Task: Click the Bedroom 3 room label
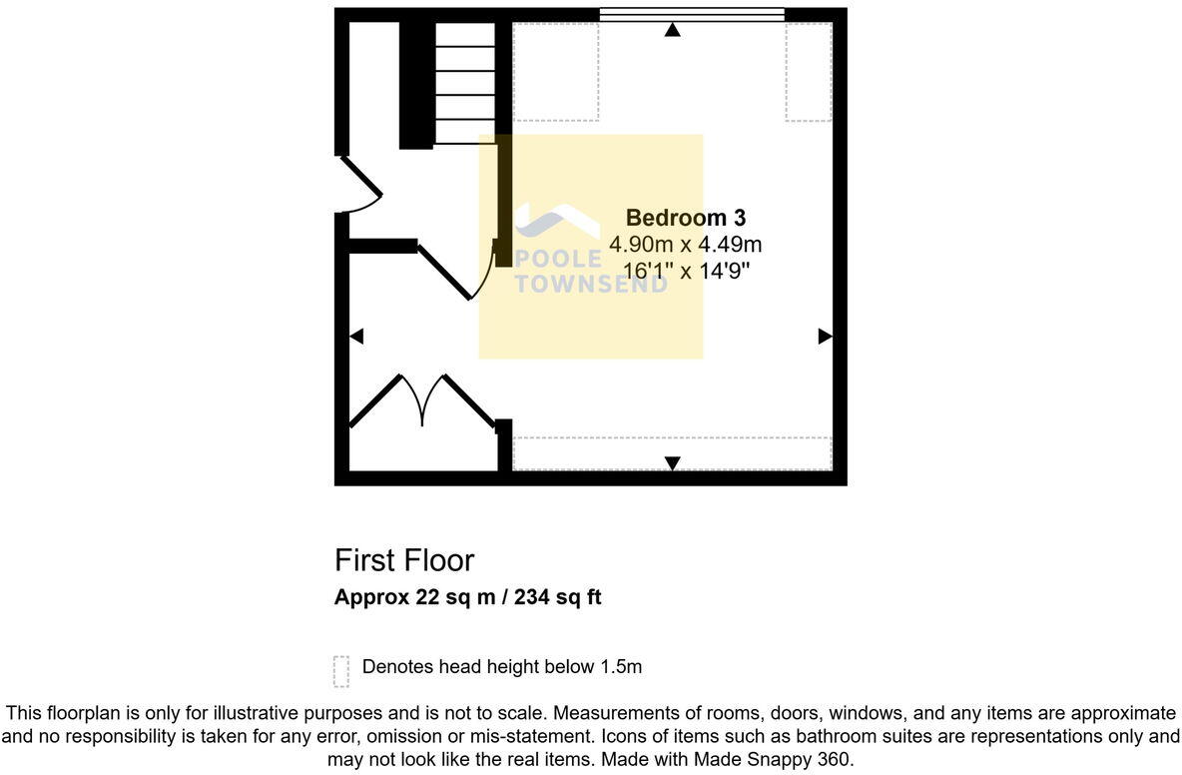coord(685,218)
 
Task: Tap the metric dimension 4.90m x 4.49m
coord(685,244)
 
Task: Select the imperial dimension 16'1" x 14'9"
coord(685,270)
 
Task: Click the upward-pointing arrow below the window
coord(672,31)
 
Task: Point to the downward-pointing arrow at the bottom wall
coord(672,462)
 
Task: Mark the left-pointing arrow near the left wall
coord(356,337)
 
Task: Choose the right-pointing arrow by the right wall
coord(825,337)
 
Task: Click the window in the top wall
coord(691,14)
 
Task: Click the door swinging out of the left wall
coord(360,185)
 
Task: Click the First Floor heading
coord(404,560)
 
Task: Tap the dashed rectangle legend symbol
coord(341,671)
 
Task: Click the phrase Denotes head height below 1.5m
coord(501,666)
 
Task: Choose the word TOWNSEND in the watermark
coord(590,284)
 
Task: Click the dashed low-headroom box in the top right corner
coord(808,72)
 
